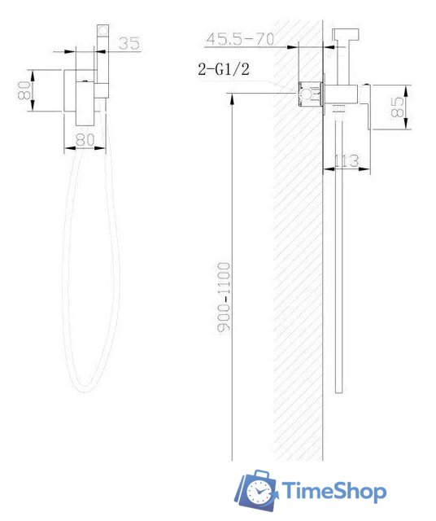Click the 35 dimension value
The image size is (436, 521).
[x=129, y=43]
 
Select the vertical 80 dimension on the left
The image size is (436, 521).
[x=25, y=90]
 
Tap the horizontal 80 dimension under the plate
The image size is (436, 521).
[x=85, y=139]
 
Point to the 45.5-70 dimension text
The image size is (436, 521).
[x=240, y=39]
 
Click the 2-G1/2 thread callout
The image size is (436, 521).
[x=224, y=69]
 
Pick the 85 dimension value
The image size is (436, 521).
[x=398, y=107]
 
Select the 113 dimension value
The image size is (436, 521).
[x=347, y=161]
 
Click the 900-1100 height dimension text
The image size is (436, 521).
[x=224, y=297]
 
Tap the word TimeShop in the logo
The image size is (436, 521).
[x=334, y=491]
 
